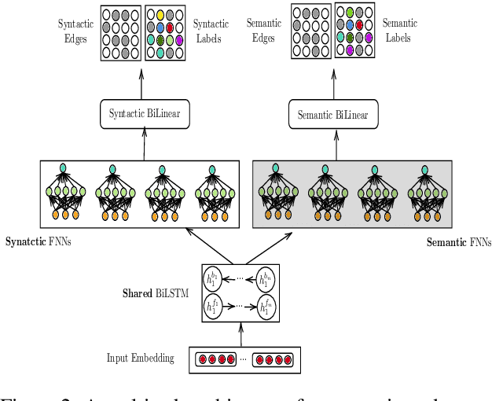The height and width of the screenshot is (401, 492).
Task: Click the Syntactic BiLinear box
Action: [x=144, y=114]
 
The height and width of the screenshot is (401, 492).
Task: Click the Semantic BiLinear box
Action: [x=332, y=115]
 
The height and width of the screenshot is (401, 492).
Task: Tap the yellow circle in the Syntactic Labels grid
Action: [x=160, y=14]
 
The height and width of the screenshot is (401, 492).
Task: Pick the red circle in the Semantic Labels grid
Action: [x=360, y=24]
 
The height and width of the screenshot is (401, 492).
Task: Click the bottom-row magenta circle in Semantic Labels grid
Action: [x=350, y=50]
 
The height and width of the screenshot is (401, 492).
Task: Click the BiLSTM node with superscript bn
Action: [x=266, y=278]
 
